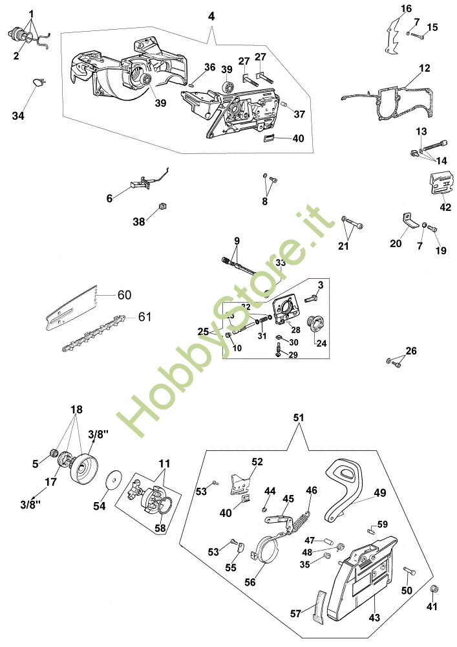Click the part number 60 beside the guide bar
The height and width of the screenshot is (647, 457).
point(124,294)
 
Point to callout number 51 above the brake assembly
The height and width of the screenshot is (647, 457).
point(298,419)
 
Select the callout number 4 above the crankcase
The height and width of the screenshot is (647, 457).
point(211,17)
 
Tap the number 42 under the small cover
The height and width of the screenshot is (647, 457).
point(445,207)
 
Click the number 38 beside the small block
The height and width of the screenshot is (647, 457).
point(139,221)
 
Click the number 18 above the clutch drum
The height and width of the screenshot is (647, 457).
point(76,410)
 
